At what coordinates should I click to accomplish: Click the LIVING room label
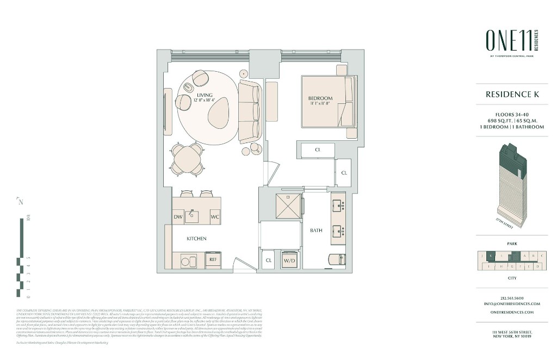tap(205, 95)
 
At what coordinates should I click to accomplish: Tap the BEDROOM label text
tap(320, 98)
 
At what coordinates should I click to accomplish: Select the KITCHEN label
tap(196, 239)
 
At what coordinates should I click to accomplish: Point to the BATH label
tap(316, 231)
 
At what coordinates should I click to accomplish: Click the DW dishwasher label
tap(178, 217)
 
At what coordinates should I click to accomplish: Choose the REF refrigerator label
tap(213, 260)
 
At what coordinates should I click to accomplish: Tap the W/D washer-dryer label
tap(289, 260)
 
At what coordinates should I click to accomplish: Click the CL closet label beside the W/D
tap(269, 260)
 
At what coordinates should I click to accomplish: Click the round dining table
tap(188, 159)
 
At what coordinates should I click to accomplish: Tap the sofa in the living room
tap(250, 110)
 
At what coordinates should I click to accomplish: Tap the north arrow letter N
tap(21, 203)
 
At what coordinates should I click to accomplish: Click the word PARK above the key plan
tap(511, 244)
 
